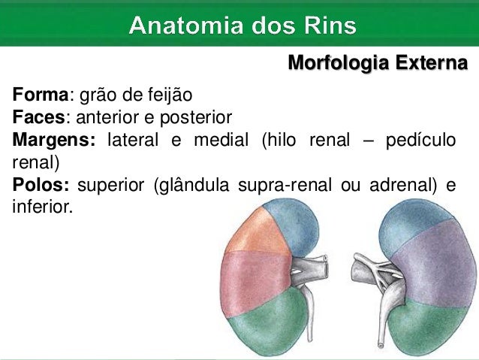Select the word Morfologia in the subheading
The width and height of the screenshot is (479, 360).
coord(336,64)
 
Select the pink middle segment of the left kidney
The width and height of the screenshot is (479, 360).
coord(252,274)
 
